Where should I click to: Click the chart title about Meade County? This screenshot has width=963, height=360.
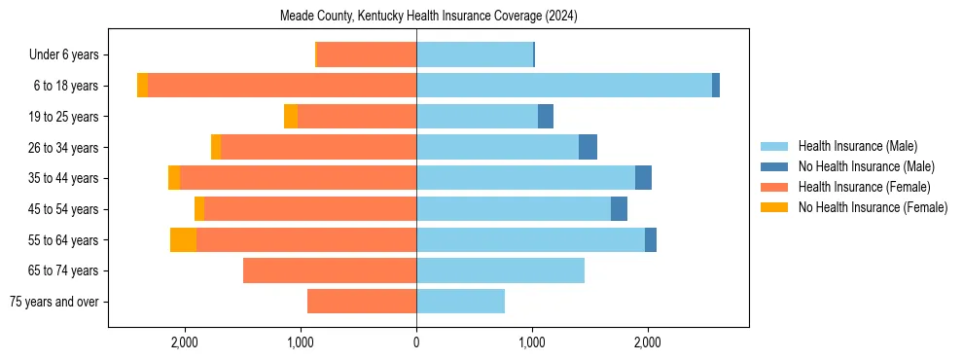coord(429,17)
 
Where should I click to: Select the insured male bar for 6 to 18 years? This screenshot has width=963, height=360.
coord(564,86)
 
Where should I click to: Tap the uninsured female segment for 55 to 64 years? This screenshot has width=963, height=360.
coord(183,240)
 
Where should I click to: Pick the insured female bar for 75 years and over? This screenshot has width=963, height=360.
coord(362,302)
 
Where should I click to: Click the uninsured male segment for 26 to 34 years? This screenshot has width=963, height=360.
coord(588,147)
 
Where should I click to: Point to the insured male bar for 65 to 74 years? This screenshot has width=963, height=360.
coord(500,270)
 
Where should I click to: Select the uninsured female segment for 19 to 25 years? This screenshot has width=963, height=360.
coord(291,117)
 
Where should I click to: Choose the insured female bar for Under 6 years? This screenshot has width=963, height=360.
coord(367,54)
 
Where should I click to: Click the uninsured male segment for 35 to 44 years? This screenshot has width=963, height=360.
coord(643,178)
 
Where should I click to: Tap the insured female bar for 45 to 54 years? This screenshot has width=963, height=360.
coord(310,209)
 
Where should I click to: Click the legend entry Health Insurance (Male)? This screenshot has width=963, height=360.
coord(857,146)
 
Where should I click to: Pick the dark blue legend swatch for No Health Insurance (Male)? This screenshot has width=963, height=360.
coord(774,166)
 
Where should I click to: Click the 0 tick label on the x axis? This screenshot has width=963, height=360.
coord(416,342)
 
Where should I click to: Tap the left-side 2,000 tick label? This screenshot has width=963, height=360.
coord(185,342)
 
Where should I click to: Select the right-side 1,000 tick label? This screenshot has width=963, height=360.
coord(532,342)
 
